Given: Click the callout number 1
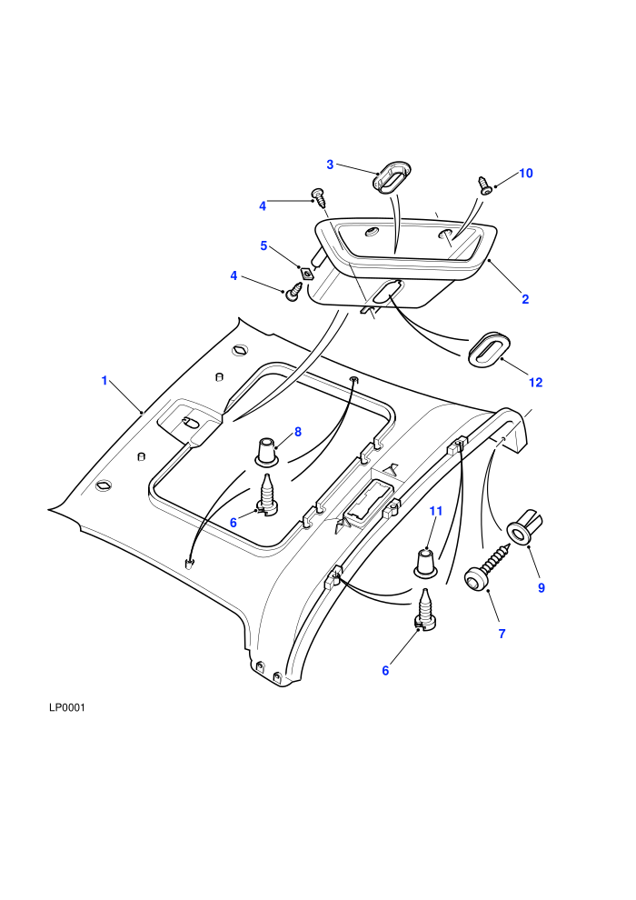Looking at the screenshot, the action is coord(104,381).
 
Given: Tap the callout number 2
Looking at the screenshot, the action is coord(525,299).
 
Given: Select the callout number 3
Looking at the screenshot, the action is coord(330,165).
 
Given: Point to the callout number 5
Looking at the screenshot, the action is coord(263,245).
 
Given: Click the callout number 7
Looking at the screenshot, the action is coord(502,634).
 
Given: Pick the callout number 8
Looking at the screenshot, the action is coord(298,432).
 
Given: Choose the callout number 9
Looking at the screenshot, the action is coord(542,588).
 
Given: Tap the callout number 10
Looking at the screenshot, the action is coord(526,174).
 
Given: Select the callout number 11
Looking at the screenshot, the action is coord(436,511).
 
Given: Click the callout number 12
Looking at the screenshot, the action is coord(536,382).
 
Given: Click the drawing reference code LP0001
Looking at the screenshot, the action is coord(67,707).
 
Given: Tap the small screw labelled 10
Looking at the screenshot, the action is coord(484,185).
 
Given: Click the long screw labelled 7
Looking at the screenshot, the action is coord(486,567).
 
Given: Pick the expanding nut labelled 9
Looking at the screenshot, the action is coord(525,527).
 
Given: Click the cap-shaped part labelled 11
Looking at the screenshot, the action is coord(425,563).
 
